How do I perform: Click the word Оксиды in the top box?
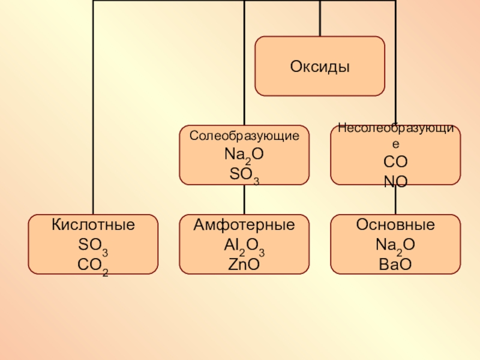pos(320,66)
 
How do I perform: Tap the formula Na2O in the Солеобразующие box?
pos(244,155)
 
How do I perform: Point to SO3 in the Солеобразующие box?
pos(244,175)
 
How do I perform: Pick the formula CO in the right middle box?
pos(395,162)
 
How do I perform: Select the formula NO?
pos(395,179)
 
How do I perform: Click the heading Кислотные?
pos(93,226)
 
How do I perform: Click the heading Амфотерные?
pos(244,226)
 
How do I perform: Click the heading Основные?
pos(395,226)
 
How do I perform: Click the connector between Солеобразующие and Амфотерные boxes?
pos(244,199)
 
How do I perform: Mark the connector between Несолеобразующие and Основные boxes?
pos(395,200)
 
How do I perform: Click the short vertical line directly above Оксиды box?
pos(320,18)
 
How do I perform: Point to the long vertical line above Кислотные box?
pos(92,108)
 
